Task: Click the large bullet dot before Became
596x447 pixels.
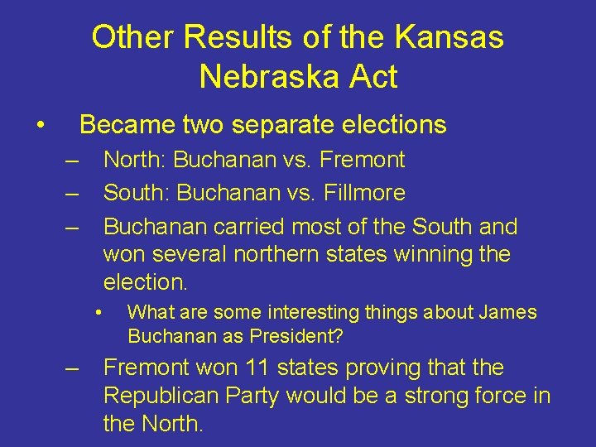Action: click(39, 126)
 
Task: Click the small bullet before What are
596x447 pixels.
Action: click(98, 313)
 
